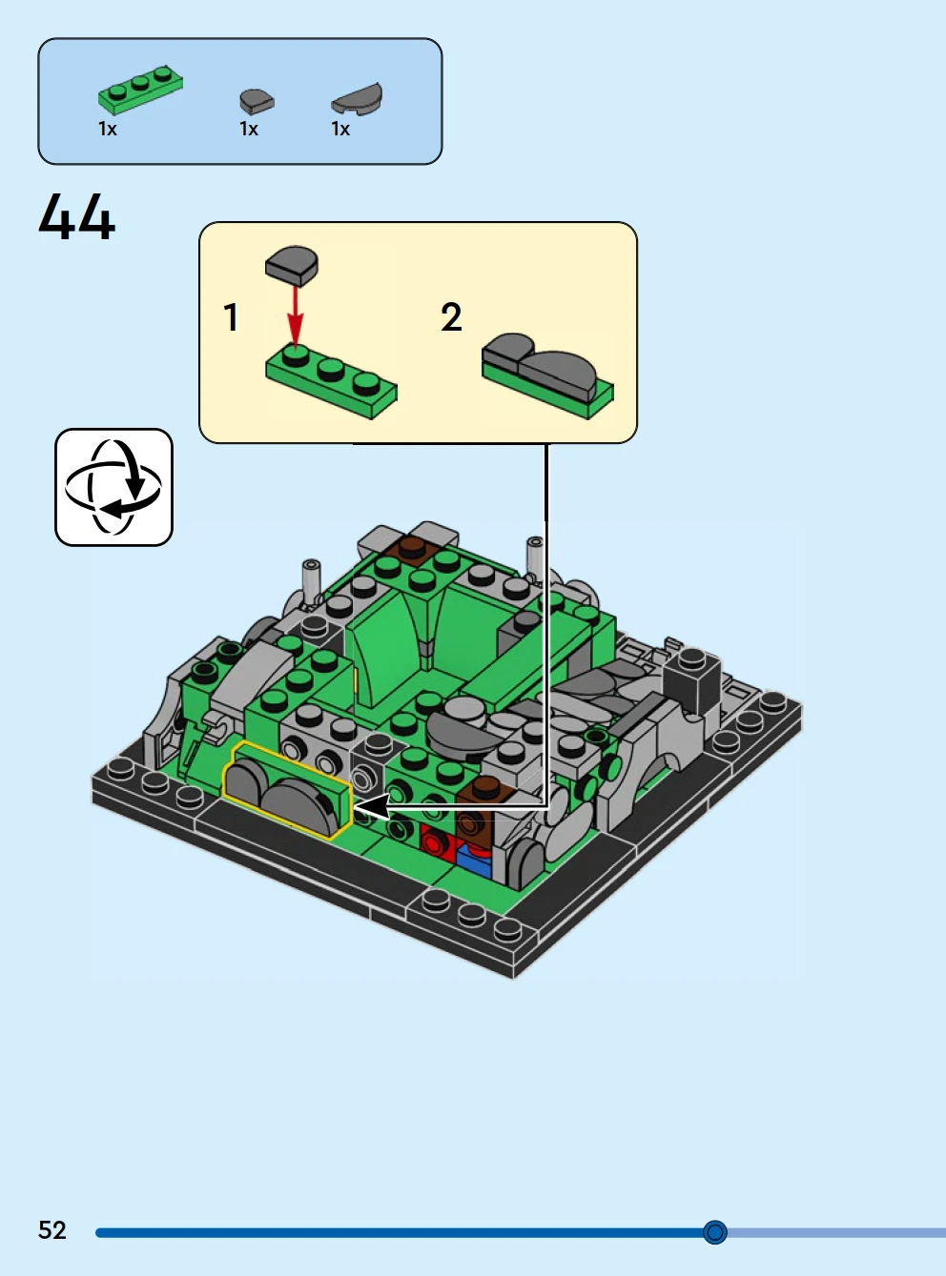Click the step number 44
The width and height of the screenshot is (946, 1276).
click(x=76, y=217)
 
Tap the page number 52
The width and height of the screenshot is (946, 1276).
click(x=51, y=1230)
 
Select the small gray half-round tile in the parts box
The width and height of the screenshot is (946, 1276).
click(x=257, y=101)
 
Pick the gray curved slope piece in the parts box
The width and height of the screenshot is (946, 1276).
click(x=357, y=98)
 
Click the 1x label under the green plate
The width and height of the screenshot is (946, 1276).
click(x=108, y=129)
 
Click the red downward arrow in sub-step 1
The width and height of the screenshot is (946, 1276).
click(x=296, y=315)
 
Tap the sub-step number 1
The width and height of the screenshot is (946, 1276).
click(x=231, y=317)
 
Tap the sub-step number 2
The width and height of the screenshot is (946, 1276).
click(x=451, y=317)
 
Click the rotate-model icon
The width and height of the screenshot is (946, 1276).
click(x=114, y=487)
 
